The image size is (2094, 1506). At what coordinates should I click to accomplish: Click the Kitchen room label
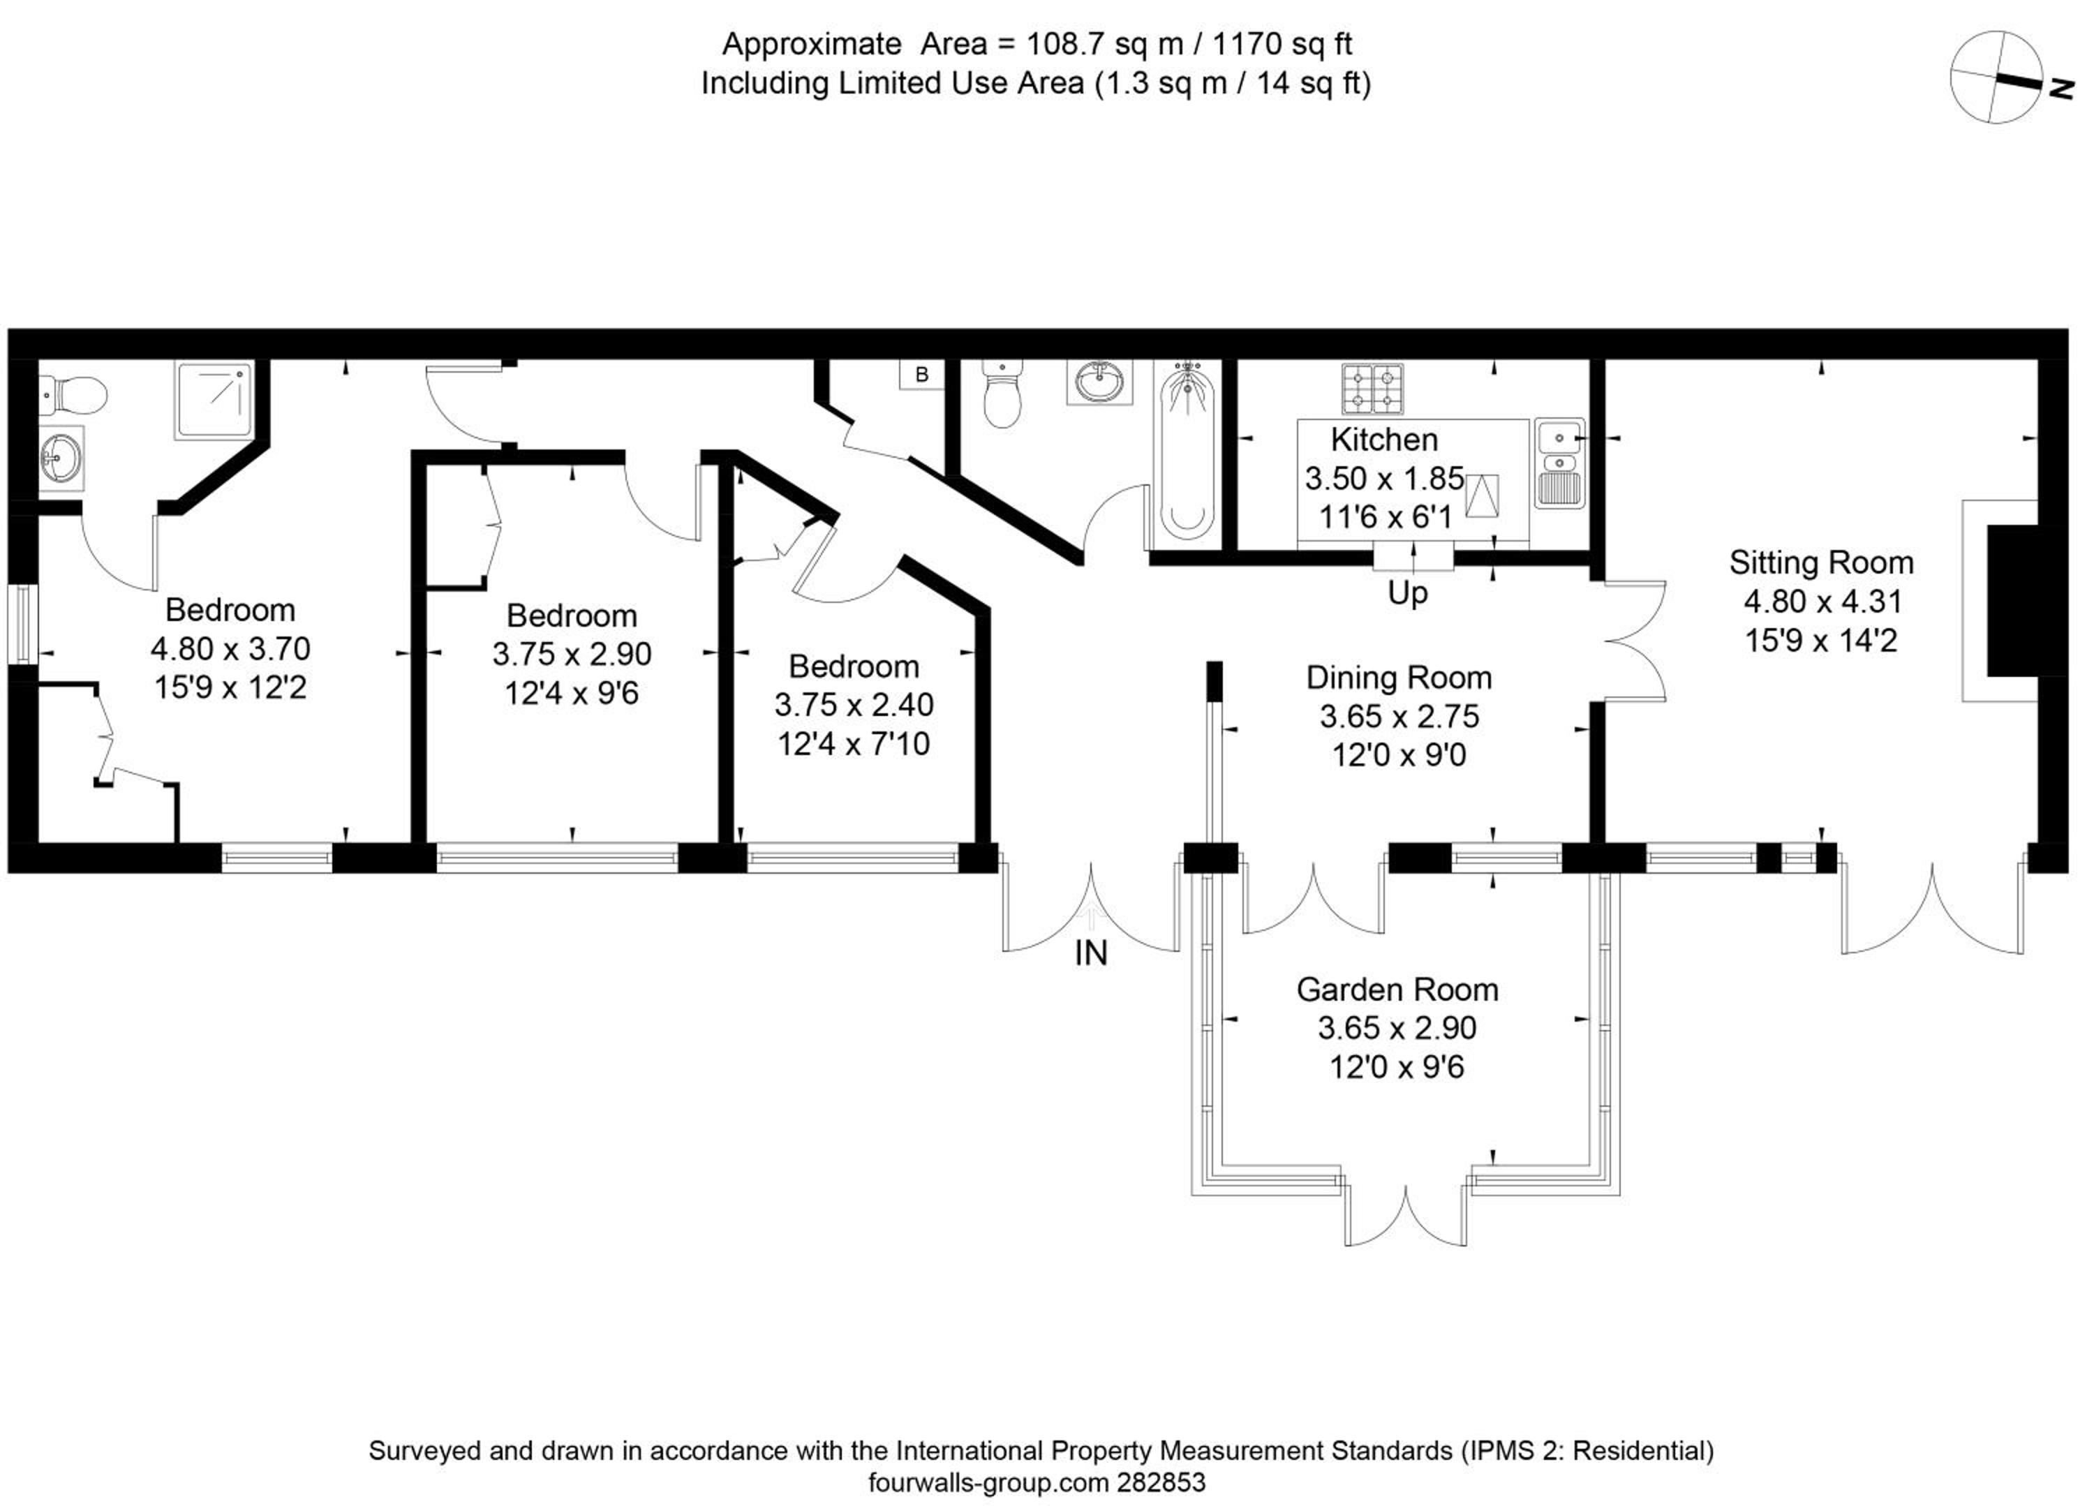[x=1384, y=440]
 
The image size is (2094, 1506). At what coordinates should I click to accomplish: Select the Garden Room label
[x=1397, y=989]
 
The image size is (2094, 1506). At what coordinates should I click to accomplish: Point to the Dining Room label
[x=1399, y=677]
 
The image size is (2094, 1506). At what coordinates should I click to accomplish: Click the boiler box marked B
[x=921, y=374]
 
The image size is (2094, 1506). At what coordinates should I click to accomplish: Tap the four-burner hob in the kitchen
[x=1372, y=388]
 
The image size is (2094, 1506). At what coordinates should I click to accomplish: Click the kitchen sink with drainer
[x=1559, y=463]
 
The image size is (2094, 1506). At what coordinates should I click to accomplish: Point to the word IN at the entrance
[x=1090, y=953]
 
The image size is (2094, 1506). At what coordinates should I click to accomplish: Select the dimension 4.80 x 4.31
[x=1822, y=601]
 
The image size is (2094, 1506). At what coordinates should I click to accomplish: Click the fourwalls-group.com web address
[x=988, y=1482]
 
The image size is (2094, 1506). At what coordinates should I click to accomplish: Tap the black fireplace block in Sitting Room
[x=2013, y=601]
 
